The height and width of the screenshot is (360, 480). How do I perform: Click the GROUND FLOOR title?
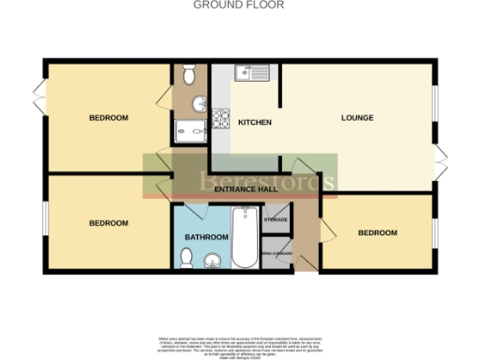tap(238, 5)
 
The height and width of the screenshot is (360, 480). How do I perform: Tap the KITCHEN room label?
tap(254, 123)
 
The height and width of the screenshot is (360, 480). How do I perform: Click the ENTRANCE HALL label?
tap(246, 190)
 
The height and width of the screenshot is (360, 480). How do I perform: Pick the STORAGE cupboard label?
tap(276, 219)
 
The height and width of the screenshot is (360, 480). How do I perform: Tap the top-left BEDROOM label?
tap(109, 118)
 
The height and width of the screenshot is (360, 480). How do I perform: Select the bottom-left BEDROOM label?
tap(109, 223)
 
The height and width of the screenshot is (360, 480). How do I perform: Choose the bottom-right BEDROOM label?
tap(377, 232)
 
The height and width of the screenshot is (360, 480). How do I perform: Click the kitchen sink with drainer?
tap(252, 71)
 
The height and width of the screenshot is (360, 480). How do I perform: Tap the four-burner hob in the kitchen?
tap(222, 120)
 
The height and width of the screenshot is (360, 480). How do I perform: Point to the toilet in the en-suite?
tap(188, 73)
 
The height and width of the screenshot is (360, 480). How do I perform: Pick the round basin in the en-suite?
tap(198, 103)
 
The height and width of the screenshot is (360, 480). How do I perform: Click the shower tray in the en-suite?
tap(186, 131)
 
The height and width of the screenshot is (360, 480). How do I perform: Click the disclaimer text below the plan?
tap(240, 344)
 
